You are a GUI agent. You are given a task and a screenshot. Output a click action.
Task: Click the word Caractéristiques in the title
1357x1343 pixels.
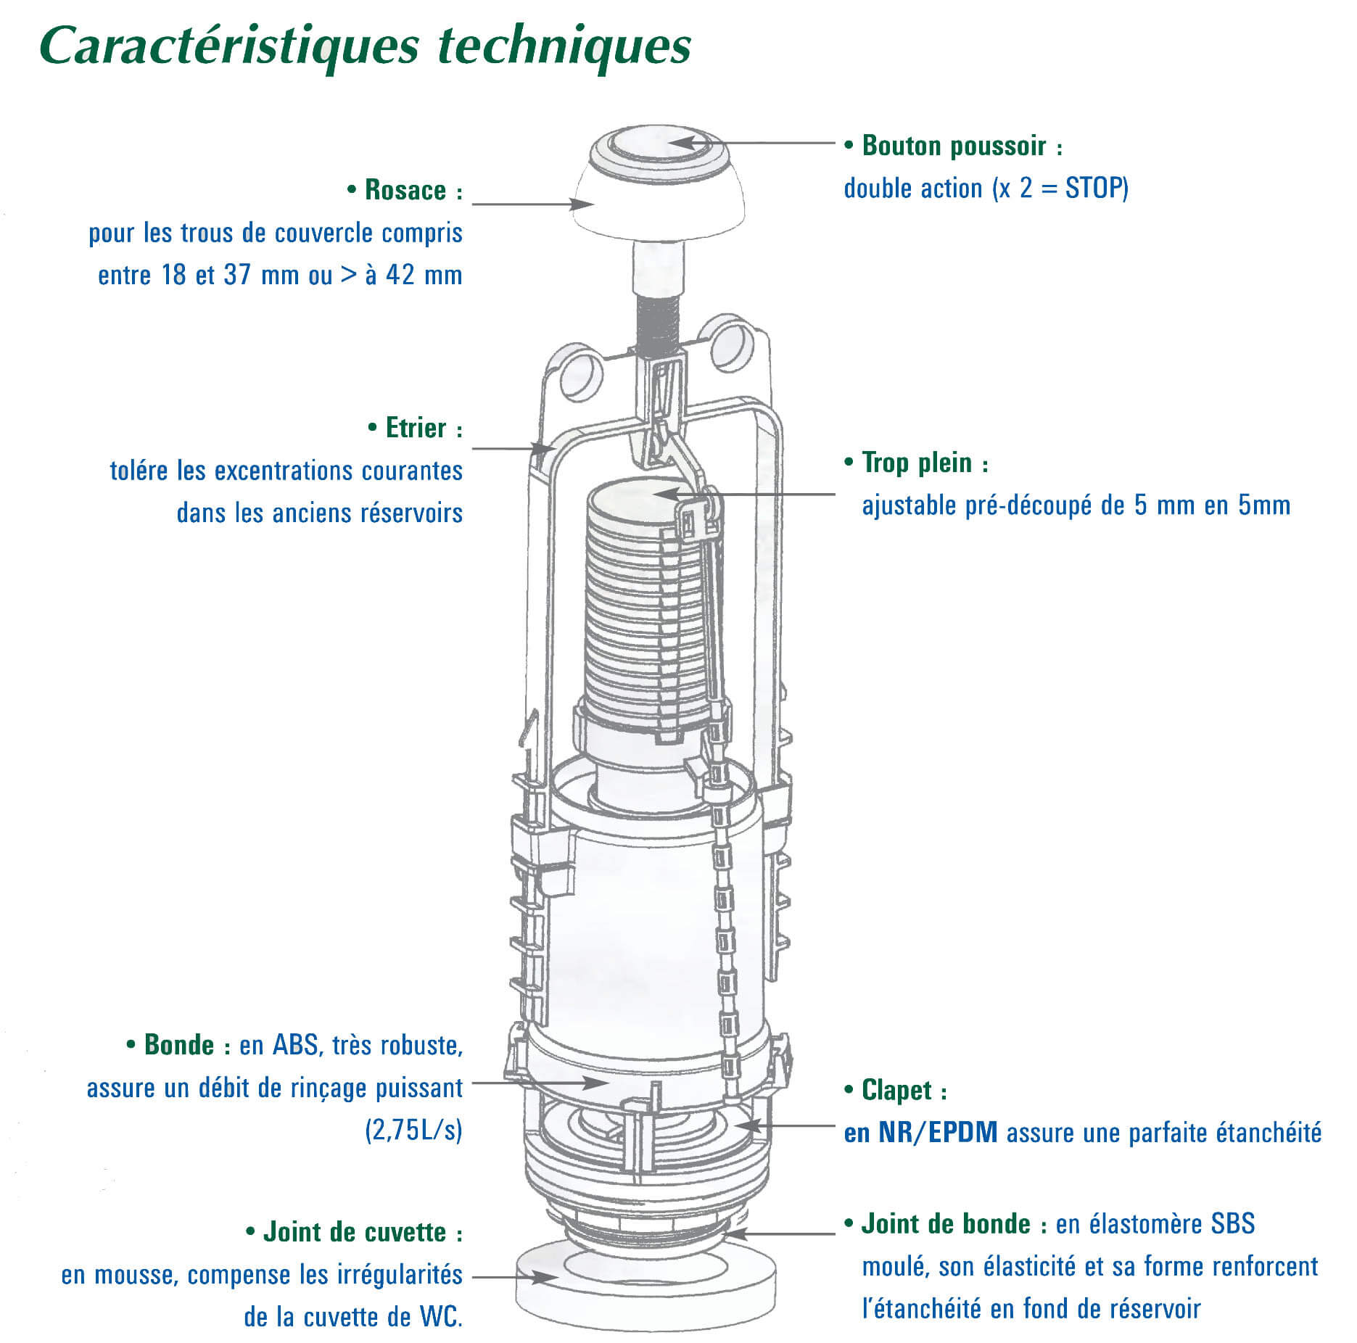229,46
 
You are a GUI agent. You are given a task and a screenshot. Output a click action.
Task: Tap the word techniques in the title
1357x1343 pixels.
564,46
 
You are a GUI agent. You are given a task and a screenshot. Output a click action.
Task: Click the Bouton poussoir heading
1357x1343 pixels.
954,146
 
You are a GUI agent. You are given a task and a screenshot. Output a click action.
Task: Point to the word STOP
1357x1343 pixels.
1096,189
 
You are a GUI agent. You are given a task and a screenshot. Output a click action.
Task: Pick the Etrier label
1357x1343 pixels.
416,428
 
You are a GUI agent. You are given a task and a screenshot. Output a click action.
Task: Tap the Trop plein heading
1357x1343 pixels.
917,463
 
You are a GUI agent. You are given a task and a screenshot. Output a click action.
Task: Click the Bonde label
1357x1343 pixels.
179,1045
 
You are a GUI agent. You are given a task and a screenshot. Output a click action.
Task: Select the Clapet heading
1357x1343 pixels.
896,1090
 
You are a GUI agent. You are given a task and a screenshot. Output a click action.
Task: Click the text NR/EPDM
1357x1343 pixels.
938,1133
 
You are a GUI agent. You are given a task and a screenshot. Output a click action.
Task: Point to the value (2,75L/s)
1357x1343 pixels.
413,1131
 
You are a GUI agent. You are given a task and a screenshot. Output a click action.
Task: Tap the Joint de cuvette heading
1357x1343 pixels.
355,1232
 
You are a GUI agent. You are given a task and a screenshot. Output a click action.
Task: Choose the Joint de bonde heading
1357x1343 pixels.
946,1224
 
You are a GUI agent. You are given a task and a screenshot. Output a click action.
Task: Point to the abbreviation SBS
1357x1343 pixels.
1232,1224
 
